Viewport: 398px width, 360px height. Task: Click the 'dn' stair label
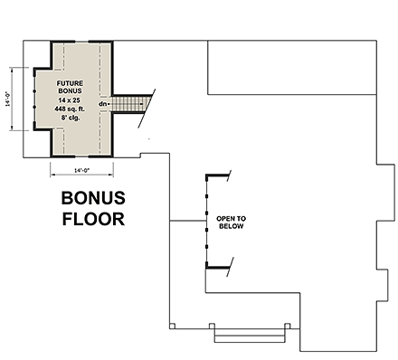(103, 103)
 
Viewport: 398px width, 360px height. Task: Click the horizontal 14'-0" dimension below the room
(81, 170)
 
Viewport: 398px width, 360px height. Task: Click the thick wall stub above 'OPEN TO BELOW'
(215, 175)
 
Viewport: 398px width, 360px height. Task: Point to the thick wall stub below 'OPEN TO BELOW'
(215, 267)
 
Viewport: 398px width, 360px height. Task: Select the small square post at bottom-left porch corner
(171, 326)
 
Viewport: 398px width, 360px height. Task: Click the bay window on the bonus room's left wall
(33, 98)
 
